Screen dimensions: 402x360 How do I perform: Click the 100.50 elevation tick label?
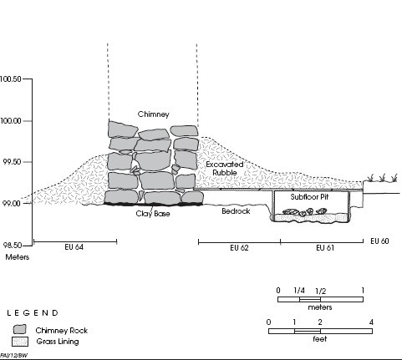click(x=11, y=79)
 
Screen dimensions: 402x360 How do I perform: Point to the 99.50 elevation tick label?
click(x=12, y=162)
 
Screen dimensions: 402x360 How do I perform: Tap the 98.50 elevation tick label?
click(x=12, y=246)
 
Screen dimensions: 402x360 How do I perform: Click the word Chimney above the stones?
click(x=154, y=114)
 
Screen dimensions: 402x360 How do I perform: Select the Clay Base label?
click(x=153, y=214)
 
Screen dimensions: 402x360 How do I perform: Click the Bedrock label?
click(x=236, y=211)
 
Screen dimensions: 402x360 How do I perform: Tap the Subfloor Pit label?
click(x=309, y=197)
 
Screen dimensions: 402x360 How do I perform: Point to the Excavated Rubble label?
click(x=225, y=169)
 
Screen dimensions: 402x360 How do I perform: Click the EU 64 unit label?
click(x=74, y=247)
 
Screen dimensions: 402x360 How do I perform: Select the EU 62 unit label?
click(x=239, y=248)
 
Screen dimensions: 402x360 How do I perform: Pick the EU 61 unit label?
click(x=325, y=248)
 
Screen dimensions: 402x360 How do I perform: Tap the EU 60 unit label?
click(x=379, y=241)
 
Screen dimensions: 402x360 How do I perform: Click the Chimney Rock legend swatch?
click(x=19, y=329)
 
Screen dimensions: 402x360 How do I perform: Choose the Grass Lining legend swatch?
click(x=20, y=342)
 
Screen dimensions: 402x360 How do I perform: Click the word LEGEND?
click(x=33, y=313)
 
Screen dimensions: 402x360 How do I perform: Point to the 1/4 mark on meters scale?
click(x=299, y=291)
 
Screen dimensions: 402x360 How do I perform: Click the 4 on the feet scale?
click(x=371, y=322)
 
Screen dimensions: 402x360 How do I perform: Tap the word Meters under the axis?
click(x=18, y=257)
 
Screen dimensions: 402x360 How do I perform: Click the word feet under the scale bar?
click(x=320, y=339)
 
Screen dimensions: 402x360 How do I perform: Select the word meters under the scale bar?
click(x=320, y=307)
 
